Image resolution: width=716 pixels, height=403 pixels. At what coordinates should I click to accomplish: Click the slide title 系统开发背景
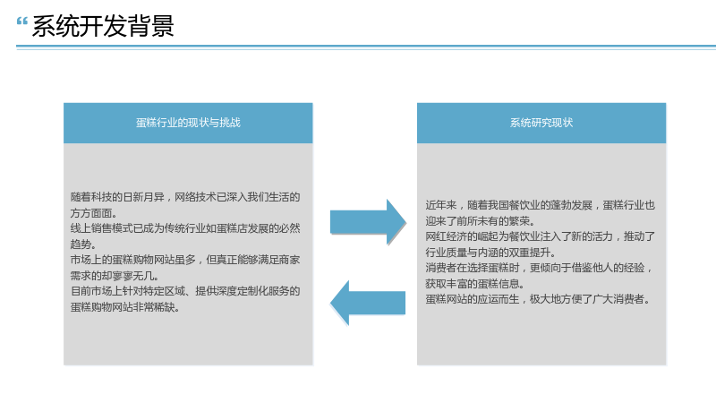(103, 26)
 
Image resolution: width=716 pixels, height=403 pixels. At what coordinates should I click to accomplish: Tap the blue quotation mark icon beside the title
(21, 21)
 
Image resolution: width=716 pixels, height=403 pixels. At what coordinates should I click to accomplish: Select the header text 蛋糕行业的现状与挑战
(188, 123)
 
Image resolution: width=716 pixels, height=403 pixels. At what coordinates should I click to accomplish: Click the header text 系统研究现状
(541, 123)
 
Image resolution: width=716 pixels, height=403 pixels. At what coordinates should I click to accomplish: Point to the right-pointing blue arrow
(368, 222)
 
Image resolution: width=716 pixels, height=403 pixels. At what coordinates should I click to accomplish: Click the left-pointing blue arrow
(368, 303)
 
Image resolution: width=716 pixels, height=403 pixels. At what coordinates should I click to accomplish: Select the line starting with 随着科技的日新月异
(185, 197)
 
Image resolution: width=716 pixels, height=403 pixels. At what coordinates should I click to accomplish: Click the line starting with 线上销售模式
(185, 228)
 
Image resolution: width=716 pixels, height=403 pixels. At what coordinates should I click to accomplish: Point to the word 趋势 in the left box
(81, 244)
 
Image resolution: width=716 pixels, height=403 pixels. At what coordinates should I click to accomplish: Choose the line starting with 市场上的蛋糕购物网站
(185, 260)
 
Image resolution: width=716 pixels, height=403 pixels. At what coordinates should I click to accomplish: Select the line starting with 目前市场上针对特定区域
(185, 291)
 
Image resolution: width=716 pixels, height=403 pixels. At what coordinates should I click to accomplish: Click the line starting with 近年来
(541, 205)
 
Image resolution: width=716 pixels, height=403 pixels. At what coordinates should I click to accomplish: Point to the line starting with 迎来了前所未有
(480, 221)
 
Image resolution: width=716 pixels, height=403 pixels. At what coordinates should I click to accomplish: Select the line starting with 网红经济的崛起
(541, 236)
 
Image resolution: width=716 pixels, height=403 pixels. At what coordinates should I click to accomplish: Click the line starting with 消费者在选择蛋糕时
(539, 268)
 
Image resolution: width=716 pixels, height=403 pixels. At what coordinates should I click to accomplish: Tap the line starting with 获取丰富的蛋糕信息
(475, 284)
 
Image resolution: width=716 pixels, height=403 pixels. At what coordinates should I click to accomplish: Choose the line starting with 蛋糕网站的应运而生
(538, 299)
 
